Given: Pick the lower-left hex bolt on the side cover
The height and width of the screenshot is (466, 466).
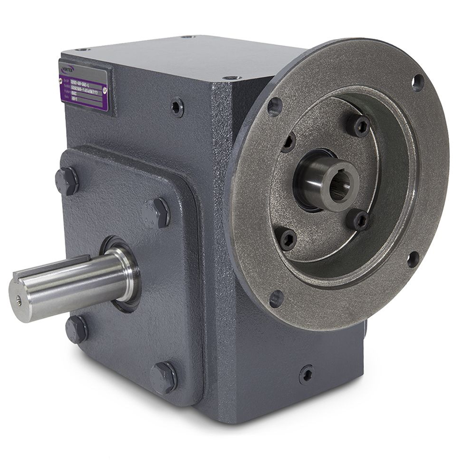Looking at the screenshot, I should click(x=77, y=329).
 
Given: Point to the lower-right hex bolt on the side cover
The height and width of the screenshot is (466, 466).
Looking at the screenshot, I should click(x=164, y=376).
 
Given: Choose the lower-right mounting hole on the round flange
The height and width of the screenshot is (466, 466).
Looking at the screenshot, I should click(x=413, y=258).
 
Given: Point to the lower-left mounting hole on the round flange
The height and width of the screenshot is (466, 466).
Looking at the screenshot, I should click(x=276, y=298).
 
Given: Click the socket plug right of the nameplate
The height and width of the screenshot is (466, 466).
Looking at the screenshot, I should click(x=177, y=107).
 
